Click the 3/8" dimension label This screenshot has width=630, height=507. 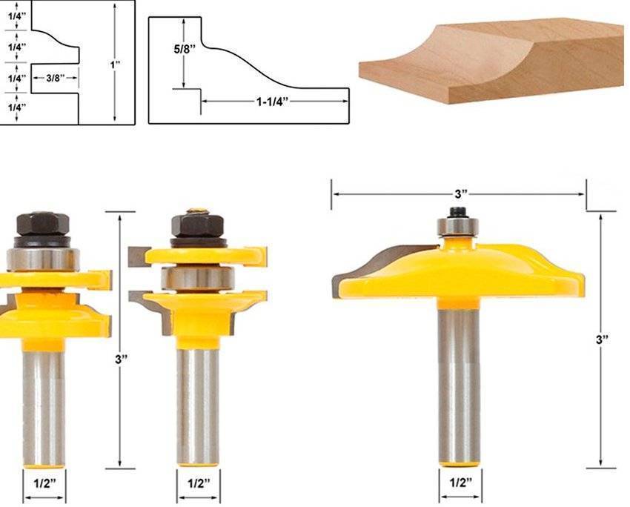click(x=56, y=78)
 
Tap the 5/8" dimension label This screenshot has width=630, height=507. click(x=185, y=50)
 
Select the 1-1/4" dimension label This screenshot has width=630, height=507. click(x=273, y=102)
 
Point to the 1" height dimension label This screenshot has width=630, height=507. click(x=116, y=64)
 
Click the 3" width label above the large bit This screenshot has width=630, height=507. click(x=461, y=194)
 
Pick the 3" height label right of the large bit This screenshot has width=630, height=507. click(x=602, y=340)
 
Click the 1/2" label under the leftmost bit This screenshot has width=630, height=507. click(x=44, y=483)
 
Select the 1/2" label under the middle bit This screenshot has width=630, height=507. click(x=199, y=483)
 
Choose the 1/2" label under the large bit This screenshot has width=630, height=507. click(x=460, y=483)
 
